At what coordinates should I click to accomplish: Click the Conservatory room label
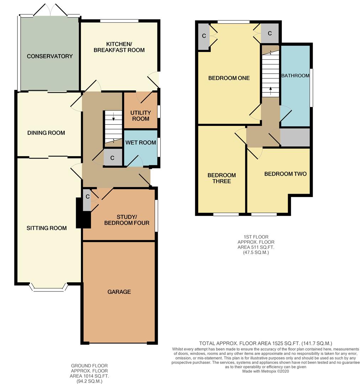[x=50, y=56]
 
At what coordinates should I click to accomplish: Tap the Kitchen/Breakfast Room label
[x=119, y=47]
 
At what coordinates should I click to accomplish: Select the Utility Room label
[x=141, y=116]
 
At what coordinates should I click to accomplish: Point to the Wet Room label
[x=141, y=143]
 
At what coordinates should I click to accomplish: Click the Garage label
[x=119, y=292]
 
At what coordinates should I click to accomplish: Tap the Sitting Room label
[x=47, y=228]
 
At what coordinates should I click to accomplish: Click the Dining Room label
[x=46, y=133]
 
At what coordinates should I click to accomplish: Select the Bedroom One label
[x=229, y=78]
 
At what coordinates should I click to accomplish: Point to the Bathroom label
[x=295, y=76]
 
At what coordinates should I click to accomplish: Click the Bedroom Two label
[x=285, y=174]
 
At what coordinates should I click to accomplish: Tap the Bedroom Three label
[x=221, y=178]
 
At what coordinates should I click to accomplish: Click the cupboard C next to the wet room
[x=112, y=158]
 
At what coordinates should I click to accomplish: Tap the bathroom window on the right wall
[x=311, y=87]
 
